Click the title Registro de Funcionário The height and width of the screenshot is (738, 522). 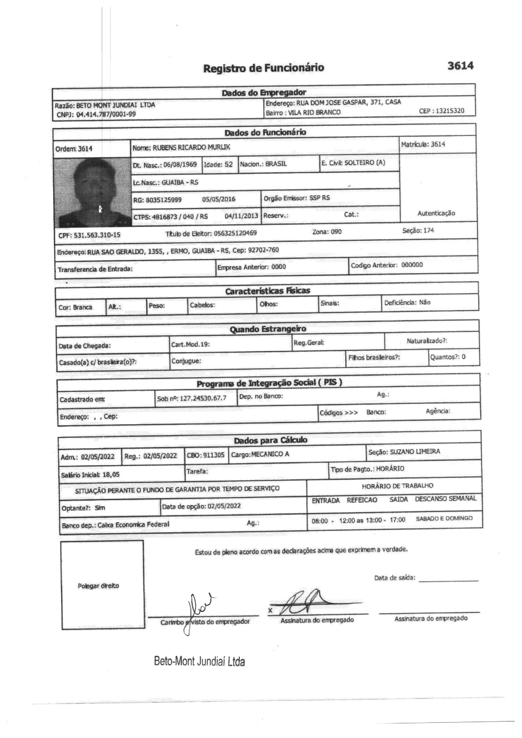(x=263, y=68)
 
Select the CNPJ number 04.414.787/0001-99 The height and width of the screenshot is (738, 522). (x=105, y=114)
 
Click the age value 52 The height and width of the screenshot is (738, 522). (x=229, y=164)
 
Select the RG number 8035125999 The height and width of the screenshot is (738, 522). (x=164, y=200)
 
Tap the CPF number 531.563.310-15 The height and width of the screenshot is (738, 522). (x=97, y=235)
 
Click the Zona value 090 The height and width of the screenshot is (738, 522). (x=336, y=232)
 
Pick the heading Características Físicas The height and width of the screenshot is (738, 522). (x=267, y=291)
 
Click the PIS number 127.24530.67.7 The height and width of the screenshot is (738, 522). (x=203, y=398)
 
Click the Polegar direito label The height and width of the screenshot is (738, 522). (x=99, y=586)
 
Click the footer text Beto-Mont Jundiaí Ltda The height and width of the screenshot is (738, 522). (x=199, y=668)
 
